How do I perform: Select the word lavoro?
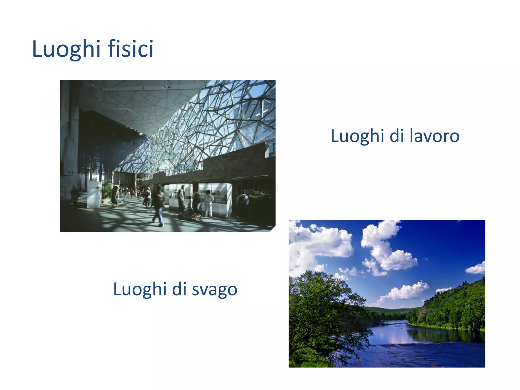[434, 136]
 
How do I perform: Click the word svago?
[214, 289]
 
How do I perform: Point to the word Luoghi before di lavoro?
[357, 136]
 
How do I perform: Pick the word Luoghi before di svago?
[139, 289]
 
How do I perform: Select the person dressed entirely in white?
[208, 203]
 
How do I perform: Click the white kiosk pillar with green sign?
[94, 194]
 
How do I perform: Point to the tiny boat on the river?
[402, 328]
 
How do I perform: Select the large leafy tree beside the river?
[322, 312]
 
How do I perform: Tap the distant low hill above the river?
[388, 310]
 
